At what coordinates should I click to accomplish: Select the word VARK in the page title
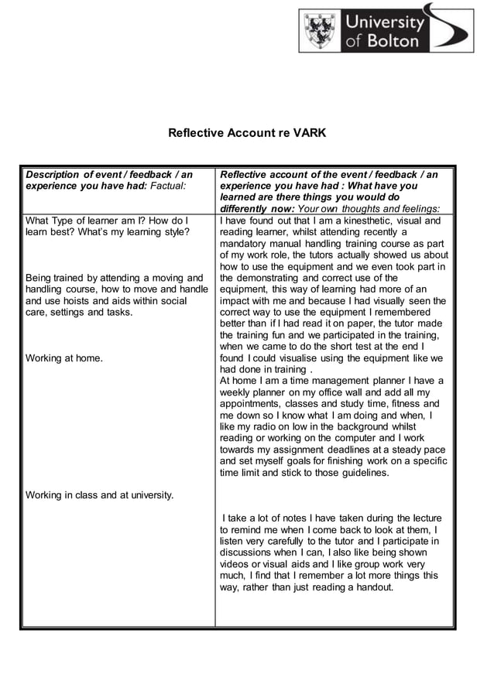coord(310,133)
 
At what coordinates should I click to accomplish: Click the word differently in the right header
coord(246,209)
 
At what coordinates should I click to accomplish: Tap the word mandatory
coord(244,244)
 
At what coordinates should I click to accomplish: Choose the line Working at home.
coord(64,358)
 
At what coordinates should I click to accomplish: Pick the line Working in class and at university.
coord(99,495)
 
